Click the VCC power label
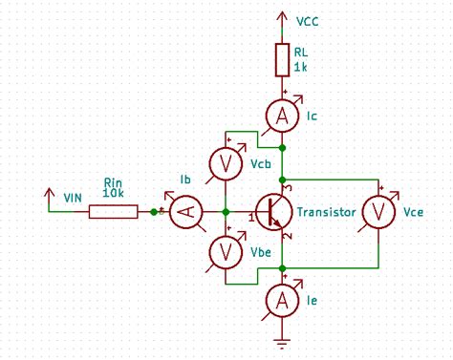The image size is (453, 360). pos(308,20)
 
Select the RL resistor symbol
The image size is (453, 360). pos(283,59)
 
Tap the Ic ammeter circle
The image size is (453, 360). pos(283,116)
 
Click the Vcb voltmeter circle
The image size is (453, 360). pos(226,164)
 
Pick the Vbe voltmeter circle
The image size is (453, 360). pos(226,251)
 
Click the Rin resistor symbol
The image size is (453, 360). pos(113,212)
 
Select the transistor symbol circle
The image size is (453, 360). pos(275,212)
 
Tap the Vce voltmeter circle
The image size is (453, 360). pos(378,211)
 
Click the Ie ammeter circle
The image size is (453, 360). pos(283,302)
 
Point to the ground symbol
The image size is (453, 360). pos(283,341)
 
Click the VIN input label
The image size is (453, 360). pos(73,197)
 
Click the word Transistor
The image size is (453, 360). pos(326,212)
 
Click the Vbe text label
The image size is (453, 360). pos(260,251)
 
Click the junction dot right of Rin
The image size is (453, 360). pos(153,212)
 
